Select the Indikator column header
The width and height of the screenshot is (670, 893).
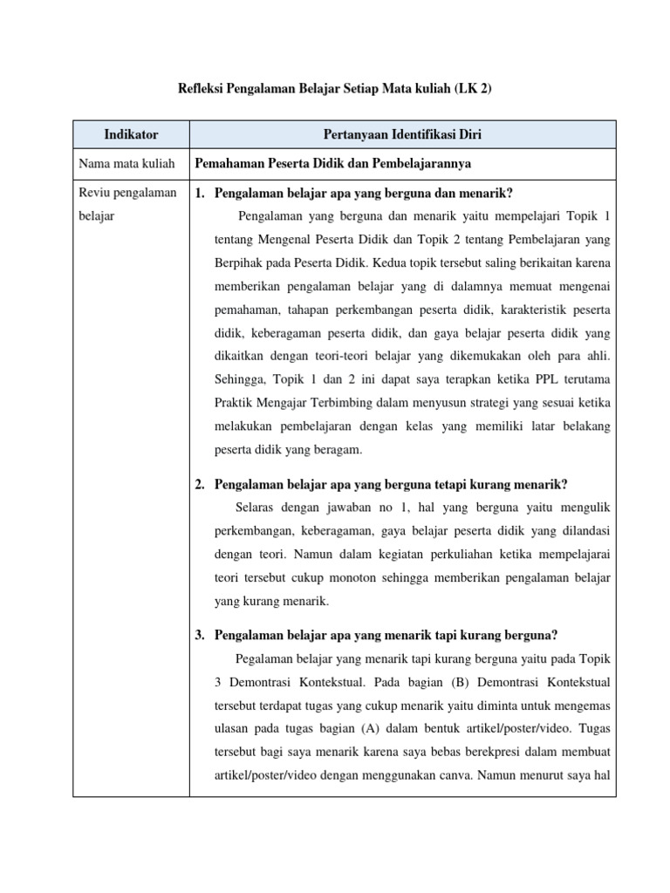[131, 134]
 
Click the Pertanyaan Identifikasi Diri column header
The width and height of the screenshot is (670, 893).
[402, 134]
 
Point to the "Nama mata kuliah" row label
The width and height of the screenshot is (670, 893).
[126, 163]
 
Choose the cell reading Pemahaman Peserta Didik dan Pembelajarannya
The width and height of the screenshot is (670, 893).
[334, 163]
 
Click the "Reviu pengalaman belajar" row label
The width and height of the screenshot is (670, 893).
[127, 203]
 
